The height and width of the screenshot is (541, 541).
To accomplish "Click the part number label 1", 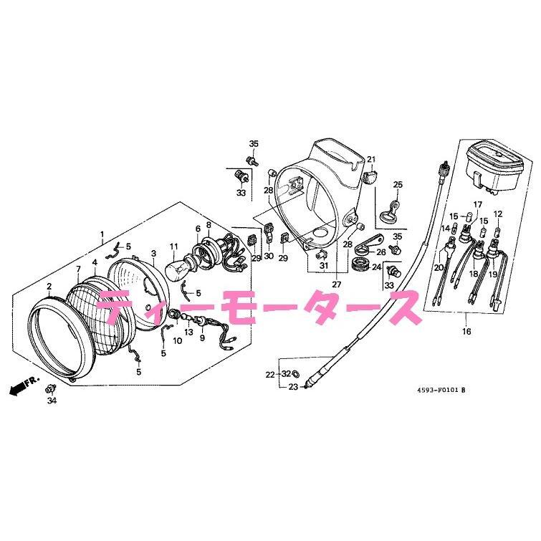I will click(102, 234).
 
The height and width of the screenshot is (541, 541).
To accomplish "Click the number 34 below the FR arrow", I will click(51, 401).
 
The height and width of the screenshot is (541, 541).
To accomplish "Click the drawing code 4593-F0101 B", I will click(441, 391).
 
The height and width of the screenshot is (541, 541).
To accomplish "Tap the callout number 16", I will click(466, 332).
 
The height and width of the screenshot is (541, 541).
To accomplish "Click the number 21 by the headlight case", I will click(371, 159).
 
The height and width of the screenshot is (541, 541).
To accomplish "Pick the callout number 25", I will click(398, 185).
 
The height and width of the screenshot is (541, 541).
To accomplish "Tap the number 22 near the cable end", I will click(269, 374).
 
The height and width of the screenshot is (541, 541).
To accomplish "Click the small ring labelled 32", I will click(296, 374).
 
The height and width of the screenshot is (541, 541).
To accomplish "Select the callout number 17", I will click(477, 205).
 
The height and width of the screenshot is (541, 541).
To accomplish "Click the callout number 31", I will click(323, 267).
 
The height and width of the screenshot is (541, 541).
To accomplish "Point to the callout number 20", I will click(439, 267).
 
